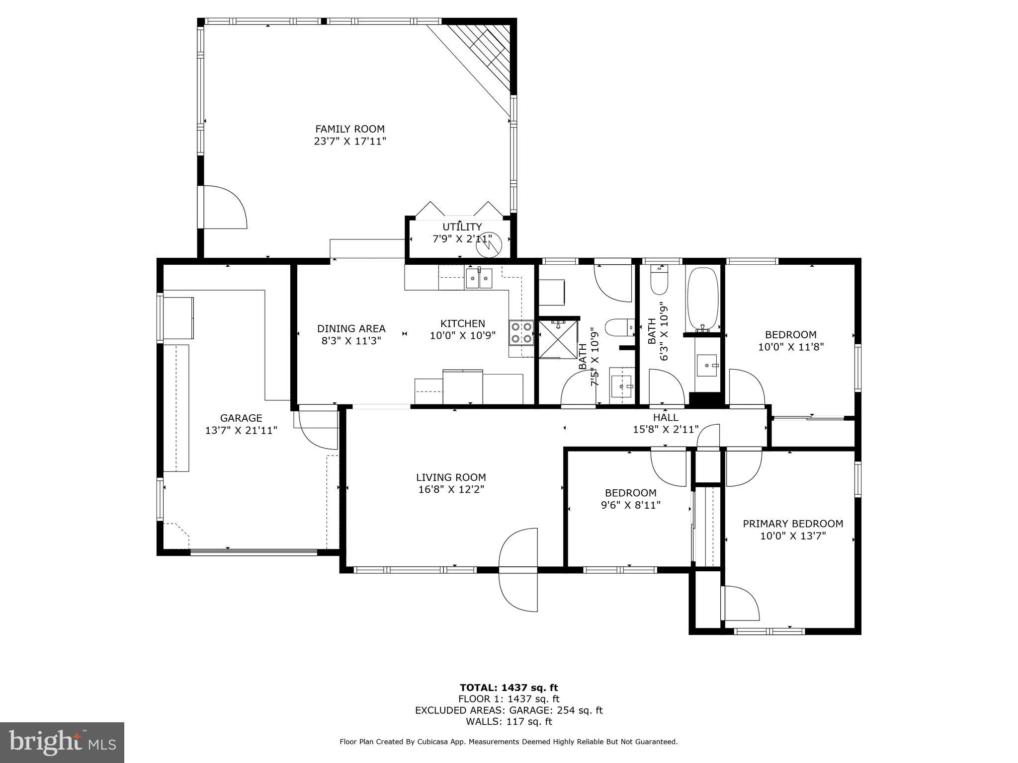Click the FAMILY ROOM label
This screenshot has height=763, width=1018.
(x=350, y=129)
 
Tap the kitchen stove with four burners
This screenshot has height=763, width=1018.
(x=521, y=333)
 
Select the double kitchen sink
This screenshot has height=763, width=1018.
(x=479, y=279)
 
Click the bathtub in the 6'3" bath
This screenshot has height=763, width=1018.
(x=702, y=300)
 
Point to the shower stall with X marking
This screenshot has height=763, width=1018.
(x=558, y=339)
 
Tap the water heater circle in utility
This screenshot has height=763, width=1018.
(x=490, y=245)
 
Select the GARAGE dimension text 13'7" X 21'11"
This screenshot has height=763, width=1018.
(x=241, y=430)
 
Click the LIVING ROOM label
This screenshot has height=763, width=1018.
(x=451, y=477)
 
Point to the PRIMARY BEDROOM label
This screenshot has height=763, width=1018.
(x=793, y=524)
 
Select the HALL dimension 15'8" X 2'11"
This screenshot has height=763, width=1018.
(x=666, y=429)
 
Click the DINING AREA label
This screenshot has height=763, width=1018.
(x=351, y=328)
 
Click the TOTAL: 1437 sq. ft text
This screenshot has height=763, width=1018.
(x=509, y=687)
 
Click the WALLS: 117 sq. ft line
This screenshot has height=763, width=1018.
(x=509, y=722)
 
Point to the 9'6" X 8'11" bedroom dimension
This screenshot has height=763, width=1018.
(x=630, y=505)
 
